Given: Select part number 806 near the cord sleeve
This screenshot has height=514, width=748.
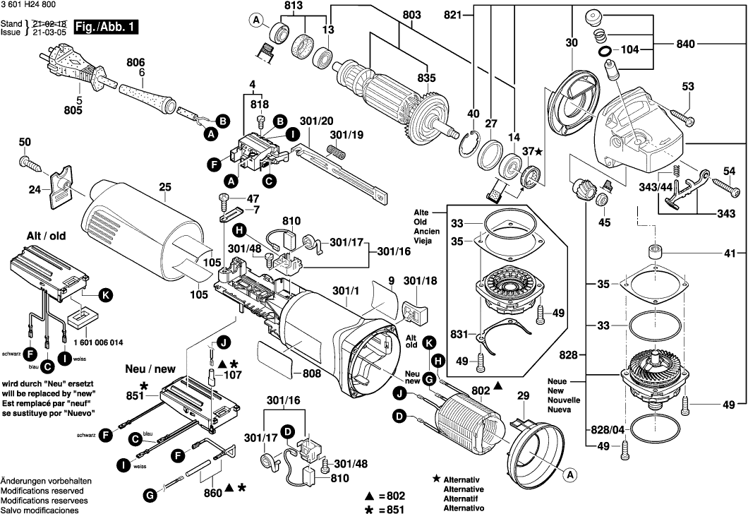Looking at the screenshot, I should point(135,62).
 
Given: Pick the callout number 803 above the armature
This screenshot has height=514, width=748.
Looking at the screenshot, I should point(411,14).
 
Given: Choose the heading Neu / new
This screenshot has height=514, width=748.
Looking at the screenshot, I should point(150,369).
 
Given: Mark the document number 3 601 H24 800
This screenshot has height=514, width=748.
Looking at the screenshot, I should point(32,6).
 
